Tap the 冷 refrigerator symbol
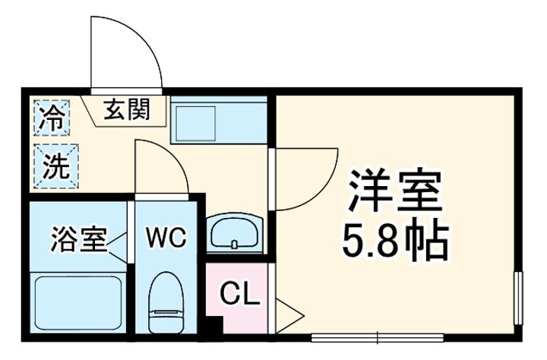click(x=52, y=118)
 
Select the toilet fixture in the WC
click(x=166, y=300)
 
